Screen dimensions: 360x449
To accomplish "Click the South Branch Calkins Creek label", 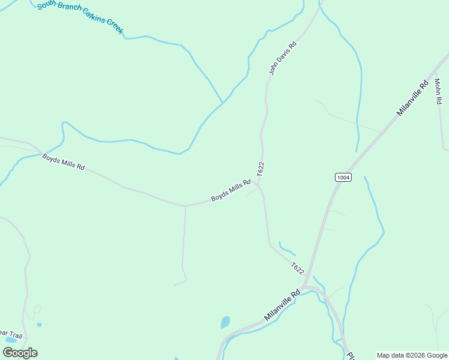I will pos(80,17).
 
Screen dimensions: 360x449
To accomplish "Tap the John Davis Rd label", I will pos(283,58).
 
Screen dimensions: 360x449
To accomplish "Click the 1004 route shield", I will pos(343,178).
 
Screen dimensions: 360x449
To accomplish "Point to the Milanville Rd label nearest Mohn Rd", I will pos(412,98).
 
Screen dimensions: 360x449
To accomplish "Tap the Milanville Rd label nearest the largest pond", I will pos(282,306).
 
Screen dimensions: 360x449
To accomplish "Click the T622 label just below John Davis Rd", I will pos(261,169).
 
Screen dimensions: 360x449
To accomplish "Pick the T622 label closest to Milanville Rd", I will pos(297,268).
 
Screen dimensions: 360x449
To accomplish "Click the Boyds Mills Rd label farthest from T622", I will pos(63,161).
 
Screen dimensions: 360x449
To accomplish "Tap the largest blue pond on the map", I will pos(225,322).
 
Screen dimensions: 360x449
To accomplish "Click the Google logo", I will pos(20,353).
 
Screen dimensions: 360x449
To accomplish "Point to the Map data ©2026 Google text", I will pos(412,355).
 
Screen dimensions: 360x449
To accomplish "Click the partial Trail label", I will pos(11,335).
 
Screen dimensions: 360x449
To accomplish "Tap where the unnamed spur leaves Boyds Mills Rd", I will pos(185,206).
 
